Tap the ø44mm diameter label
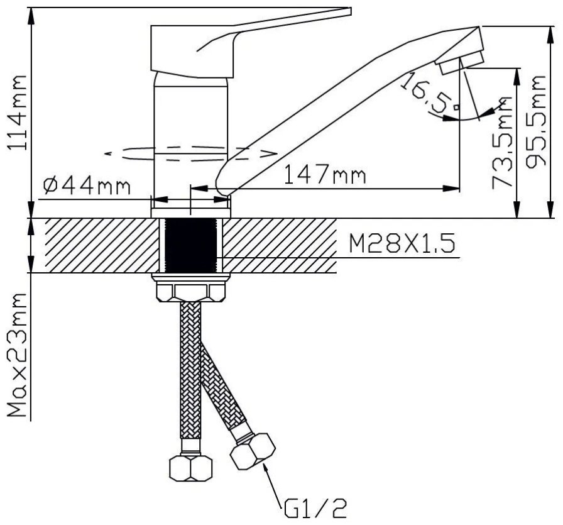[x=87, y=185]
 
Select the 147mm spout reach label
[x=325, y=174]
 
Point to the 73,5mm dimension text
[x=502, y=143]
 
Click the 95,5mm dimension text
[x=536, y=121]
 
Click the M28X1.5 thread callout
[x=402, y=243]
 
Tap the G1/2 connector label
[x=315, y=508]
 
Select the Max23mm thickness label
[x=17, y=355]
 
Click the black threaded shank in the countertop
[x=190, y=245]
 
